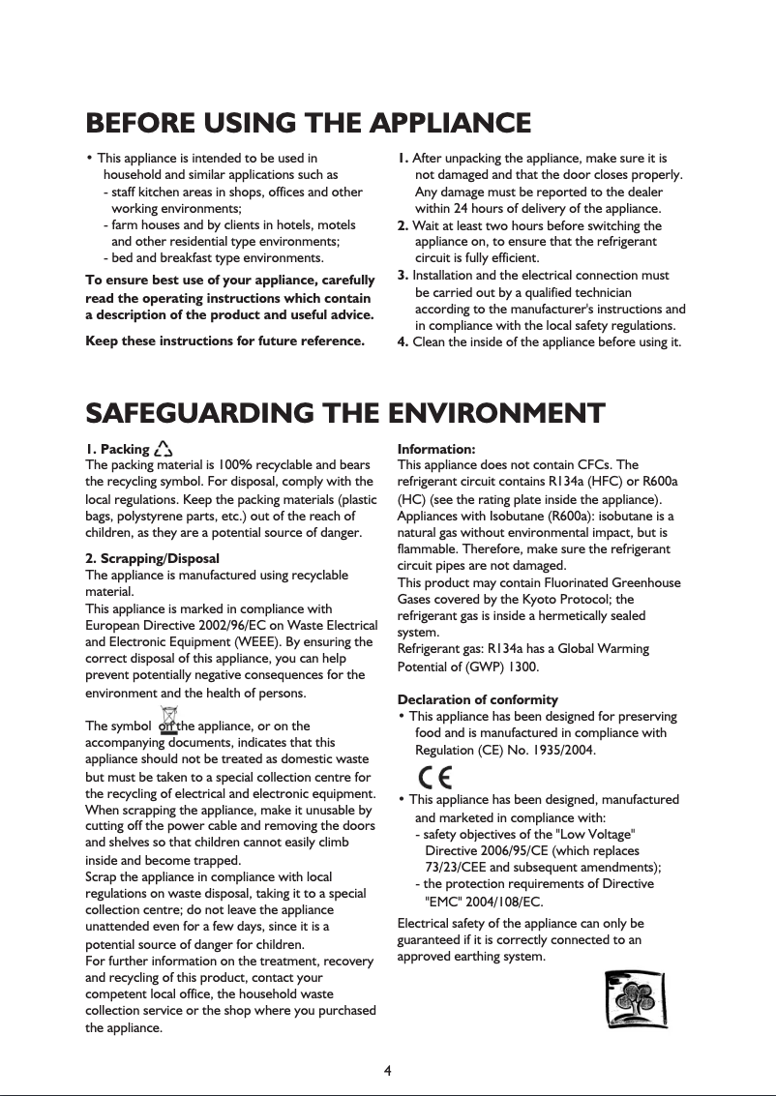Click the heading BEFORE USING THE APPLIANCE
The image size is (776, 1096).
point(308,124)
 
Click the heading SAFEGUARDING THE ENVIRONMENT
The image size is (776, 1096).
point(345,413)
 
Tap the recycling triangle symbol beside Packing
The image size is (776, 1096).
point(163,449)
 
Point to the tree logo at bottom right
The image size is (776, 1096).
point(633,1001)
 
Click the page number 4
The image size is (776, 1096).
point(387,1070)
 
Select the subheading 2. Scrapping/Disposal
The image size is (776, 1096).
point(152,559)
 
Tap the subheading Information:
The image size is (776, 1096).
point(436,449)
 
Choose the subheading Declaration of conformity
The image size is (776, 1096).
point(478,699)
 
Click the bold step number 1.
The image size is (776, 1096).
point(404,158)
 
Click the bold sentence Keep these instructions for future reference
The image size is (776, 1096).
point(225,341)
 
